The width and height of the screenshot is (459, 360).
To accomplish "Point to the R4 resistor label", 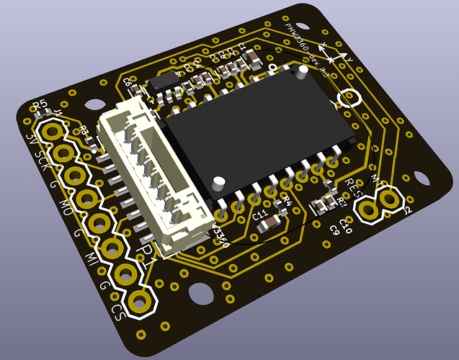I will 285,202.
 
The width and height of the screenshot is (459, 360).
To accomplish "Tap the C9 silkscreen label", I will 334,229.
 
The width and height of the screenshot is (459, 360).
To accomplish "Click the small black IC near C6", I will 167,78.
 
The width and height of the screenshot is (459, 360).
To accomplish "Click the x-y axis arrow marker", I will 333,53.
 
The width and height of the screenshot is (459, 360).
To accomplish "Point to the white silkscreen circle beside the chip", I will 350,99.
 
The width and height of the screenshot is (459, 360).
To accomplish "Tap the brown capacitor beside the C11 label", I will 267,226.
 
